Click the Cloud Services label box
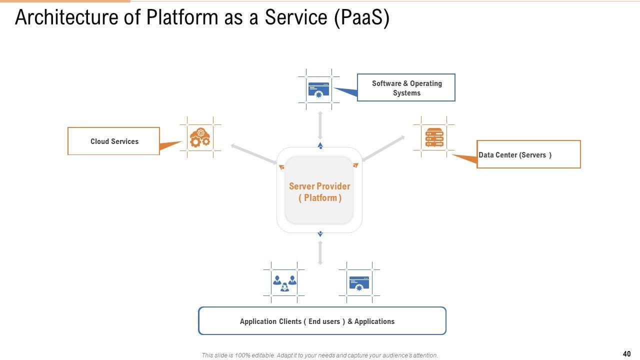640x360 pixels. (x=113, y=141)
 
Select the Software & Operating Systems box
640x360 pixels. (x=406, y=88)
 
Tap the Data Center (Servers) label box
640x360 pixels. (x=528, y=154)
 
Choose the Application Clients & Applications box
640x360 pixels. (x=322, y=321)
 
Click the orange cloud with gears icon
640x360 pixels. (x=200, y=137)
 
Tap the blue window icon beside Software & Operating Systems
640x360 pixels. (x=319, y=89)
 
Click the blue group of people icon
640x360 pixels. (x=284, y=282)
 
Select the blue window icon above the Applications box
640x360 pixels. (x=359, y=282)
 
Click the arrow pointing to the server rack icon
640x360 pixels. (x=383, y=148)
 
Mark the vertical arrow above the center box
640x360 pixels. (x=320, y=125)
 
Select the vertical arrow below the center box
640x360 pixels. (x=320, y=252)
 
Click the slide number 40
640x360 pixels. (x=626, y=354)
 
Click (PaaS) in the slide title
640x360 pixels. (x=362, y=17)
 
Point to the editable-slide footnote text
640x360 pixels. (x=319, y=355)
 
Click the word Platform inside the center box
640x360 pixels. (x=320, y=198)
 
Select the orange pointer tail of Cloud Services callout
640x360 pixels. (x=170, y=146)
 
